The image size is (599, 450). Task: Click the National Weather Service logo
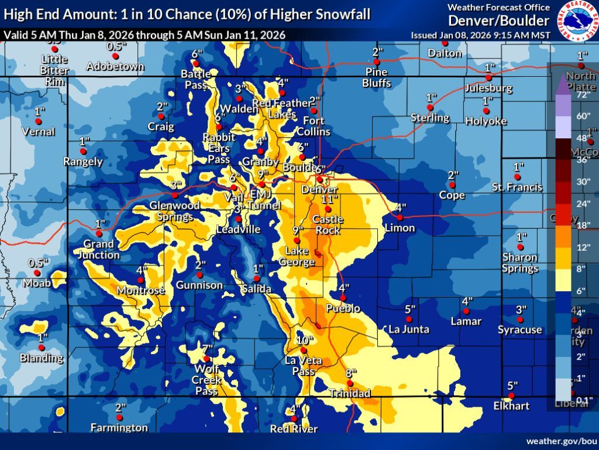[577, 21]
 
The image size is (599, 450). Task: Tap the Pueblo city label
[343, 308]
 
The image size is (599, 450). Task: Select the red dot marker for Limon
[400, 218]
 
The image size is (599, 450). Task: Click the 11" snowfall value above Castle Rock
[330, 199]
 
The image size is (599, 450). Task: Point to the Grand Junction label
[101, 249]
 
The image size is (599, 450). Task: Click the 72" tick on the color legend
[582, 94]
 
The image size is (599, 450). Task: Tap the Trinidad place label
[350, 393]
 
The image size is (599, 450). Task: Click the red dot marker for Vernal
[39, 121]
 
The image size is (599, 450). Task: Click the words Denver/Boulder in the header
[499, 21]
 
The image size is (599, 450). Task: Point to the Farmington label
[119, 428]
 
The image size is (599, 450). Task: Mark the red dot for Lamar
[466, 311]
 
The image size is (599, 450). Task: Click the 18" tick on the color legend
[582, 225]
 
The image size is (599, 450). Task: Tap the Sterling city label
[429, 117]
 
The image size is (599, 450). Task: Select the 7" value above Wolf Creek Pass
[207, 349]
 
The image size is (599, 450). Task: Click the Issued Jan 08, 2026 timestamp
[480, 35]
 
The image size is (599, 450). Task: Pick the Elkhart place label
[511, 405]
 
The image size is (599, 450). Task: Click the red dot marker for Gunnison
[200, 274]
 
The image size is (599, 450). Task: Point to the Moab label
[36, 284]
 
